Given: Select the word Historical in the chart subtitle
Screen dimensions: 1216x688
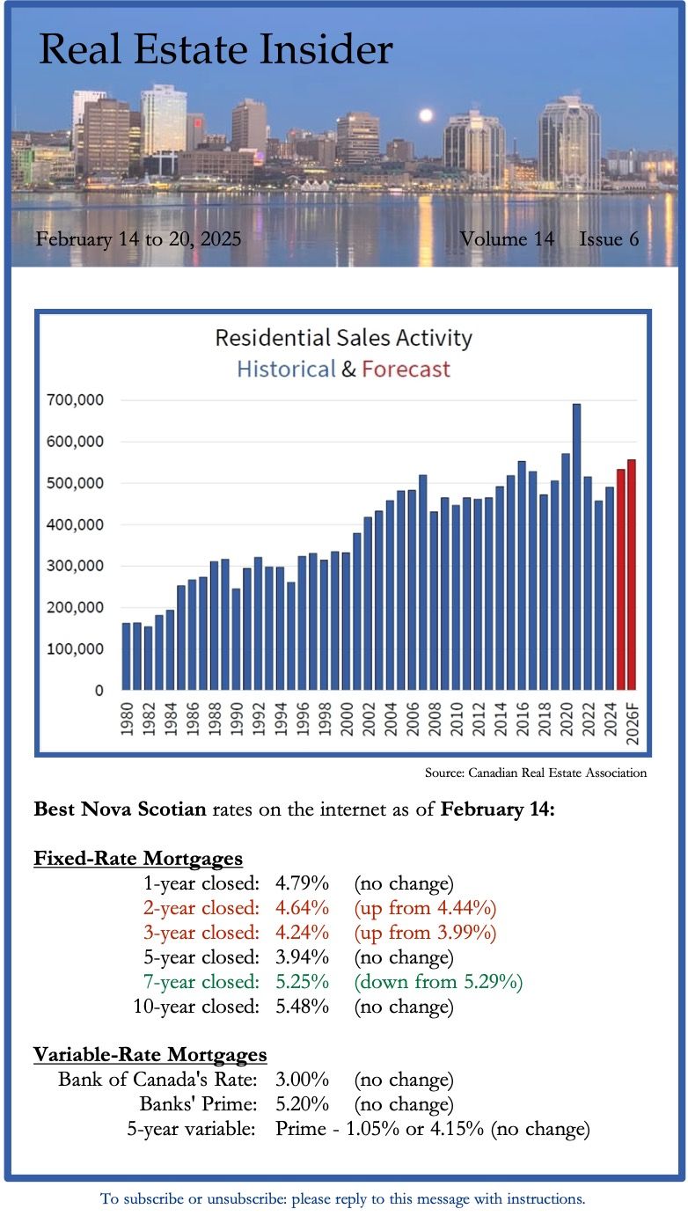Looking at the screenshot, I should coord(286,369).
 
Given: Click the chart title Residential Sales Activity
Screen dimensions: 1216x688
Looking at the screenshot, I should coord(343,338).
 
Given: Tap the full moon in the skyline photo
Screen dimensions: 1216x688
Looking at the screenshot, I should coord(426,115).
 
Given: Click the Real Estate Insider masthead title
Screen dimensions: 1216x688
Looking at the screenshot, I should coord(216,50).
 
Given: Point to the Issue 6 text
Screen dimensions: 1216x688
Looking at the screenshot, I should coord(609,238).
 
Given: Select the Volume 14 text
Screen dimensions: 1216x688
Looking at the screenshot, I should coord(507,238).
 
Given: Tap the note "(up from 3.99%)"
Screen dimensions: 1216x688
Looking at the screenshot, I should coord(425,932).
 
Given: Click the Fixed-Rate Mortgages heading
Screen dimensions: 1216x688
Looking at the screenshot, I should coord(137,858).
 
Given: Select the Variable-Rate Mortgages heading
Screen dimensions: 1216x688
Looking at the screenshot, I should coord(150,1054).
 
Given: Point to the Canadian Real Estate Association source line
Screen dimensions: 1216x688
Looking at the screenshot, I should coord(535,773).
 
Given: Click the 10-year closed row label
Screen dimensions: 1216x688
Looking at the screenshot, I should coord(196,1006).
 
